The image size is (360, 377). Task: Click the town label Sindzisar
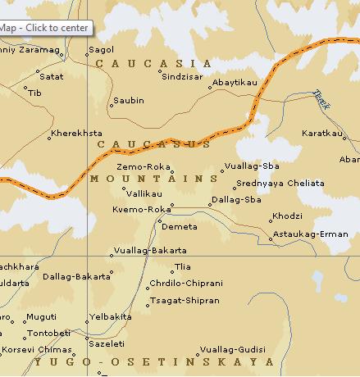pos(182,75)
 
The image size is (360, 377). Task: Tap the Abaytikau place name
pos(235,83)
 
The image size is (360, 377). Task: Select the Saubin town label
pos(129,101)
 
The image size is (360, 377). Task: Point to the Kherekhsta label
pos(76,133)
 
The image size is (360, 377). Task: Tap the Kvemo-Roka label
pos(141,210)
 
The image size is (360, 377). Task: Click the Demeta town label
pos(180,226)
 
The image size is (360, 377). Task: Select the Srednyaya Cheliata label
pos(280,183)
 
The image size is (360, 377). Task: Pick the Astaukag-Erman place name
pos(311,234)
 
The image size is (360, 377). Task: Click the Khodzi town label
pos(287,216)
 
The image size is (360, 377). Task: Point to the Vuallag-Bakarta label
pos(150,250)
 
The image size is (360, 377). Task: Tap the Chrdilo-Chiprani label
pos(185,284)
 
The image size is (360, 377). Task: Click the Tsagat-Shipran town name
pos(185,301)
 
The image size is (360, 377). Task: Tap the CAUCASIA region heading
pos(153,63)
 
